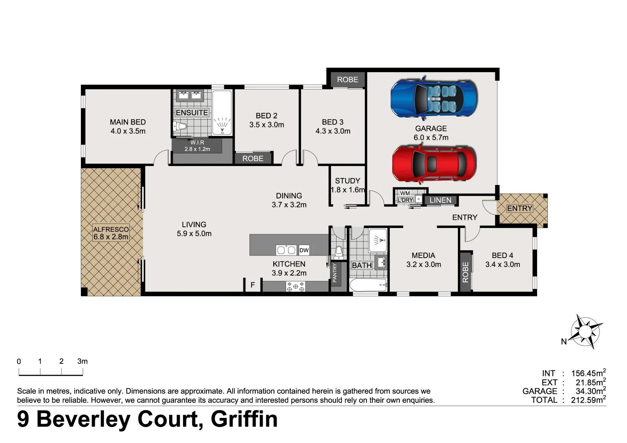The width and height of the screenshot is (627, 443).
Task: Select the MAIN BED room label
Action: pyautogui.click(x=128, y=122)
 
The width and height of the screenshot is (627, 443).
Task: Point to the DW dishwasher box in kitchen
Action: pyautogui.click(x=304, y=250)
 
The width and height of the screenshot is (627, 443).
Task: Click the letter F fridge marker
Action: pyautogui.click(x=253, y=285)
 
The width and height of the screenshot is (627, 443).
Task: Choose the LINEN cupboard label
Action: pyautogui.click(x=440, y=200)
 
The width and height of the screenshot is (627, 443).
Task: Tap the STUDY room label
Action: pyautogui.click(x=348, y=180)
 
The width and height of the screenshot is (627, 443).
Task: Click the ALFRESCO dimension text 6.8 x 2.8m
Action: pyautogui.click(x=111, y=237)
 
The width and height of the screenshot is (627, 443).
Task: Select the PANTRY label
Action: pyautogui.click(x=335, y=273)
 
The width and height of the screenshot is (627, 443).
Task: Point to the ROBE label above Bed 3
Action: pyautogui.click(x=348, y=80)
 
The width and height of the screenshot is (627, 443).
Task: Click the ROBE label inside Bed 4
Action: pyautogui.click(x=465, y=272)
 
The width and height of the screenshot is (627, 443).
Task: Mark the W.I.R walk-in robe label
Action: pyautogui.click(x=197, y=142)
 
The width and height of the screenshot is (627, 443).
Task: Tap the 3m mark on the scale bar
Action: pyautogui.click(x=82, y=361)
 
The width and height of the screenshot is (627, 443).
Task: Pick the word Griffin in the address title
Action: pyautogui.click(x=244, y=419)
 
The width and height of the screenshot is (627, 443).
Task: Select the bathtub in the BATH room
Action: pyautogui.click(x=368, y=285)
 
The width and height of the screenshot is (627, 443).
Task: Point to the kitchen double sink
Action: pyautogui.click(x=286, y=250)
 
